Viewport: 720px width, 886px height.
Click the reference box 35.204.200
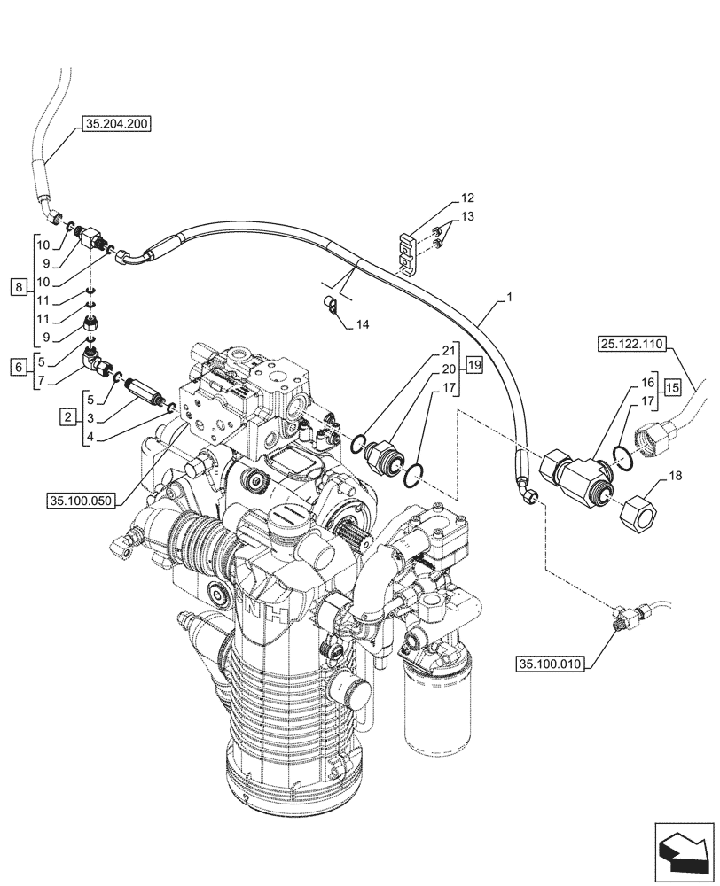[116, 124]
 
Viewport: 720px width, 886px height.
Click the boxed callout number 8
[19, 286]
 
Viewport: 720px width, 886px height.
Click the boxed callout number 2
[67, 415]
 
